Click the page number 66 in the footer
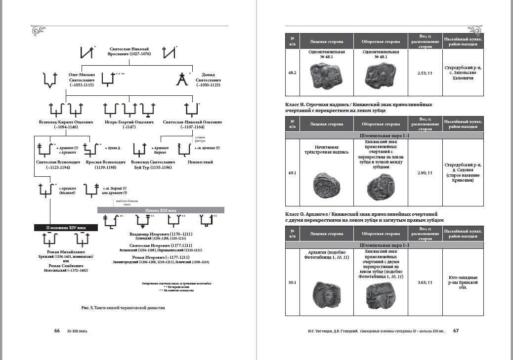tap(57, 330)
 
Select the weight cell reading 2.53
tap(424, 73)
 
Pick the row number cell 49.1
tap(292, 173)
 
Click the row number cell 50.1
tap(292, 282)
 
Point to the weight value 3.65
tap(424, 282)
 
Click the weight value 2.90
tap(424, 173)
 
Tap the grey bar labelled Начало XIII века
tap(161, 210)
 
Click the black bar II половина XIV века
tap(66, 227)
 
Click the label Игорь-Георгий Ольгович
tap(129, 121)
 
